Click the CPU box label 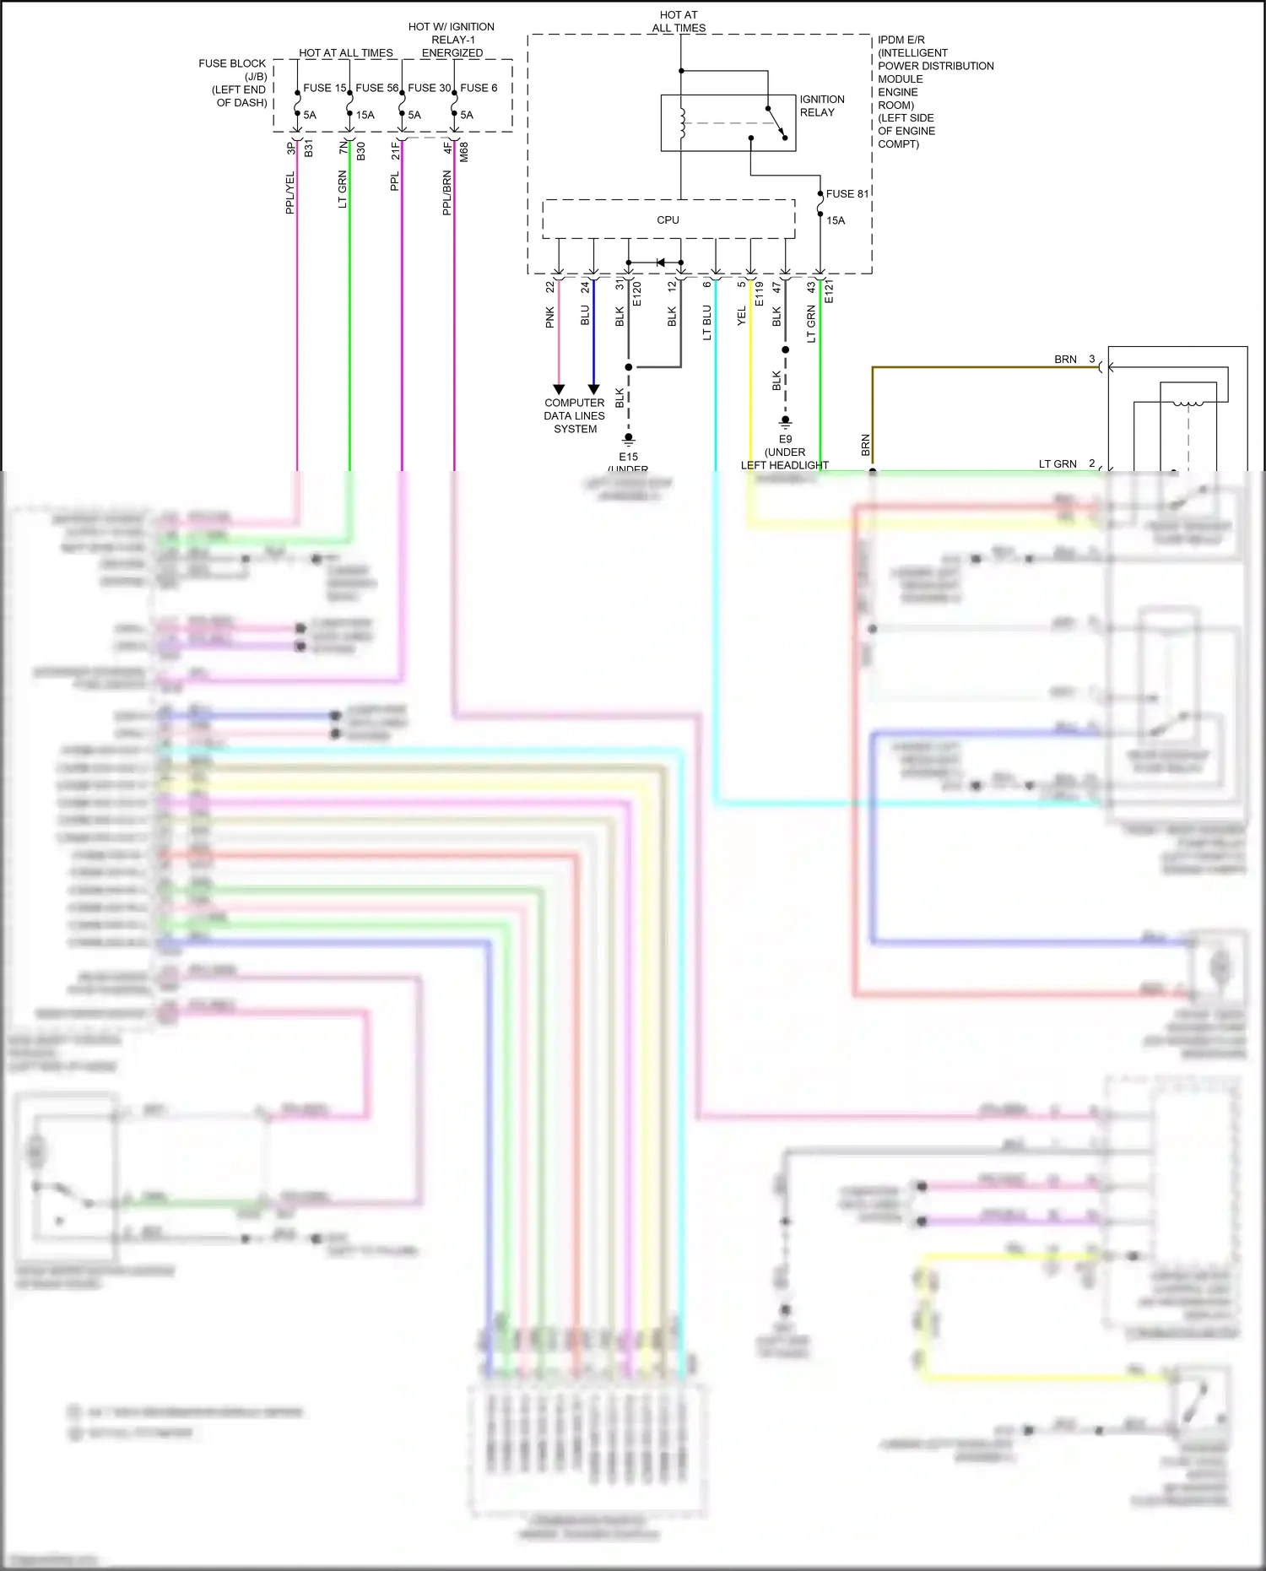(668, 220)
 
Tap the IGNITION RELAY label (821, 106)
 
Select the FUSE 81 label (847, 194)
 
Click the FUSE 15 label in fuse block (324, 88)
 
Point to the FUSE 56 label (376, 88)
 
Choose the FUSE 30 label (429, 88)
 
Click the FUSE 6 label (479, 88)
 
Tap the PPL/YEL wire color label (290, 192)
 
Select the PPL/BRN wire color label (447, 192)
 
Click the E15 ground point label (628, 457)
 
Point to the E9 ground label (785, 439)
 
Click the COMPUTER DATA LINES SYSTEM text (575, 415)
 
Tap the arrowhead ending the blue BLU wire (593, 389)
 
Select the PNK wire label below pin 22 (550, 317)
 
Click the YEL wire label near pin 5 (742, 317)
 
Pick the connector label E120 (637, 294)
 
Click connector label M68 (464, 152)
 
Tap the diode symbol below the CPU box (660, 263)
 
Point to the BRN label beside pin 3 (1065, 360)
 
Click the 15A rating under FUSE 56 (365, 115)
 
